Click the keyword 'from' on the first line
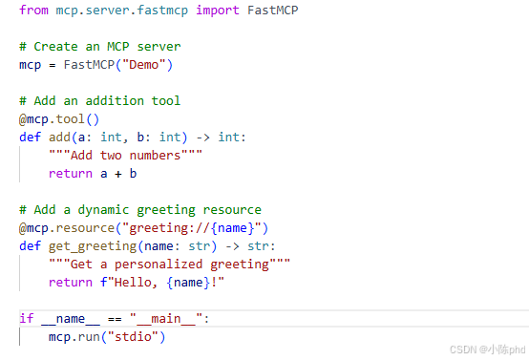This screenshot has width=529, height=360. click(33, 11)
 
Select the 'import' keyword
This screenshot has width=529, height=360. click(218, 11)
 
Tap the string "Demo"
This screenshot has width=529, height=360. click(144, 64)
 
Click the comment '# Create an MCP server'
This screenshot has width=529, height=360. click(100, 47)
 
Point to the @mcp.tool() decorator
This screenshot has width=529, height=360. click(59, 119)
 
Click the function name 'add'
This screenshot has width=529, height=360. click(59, 137)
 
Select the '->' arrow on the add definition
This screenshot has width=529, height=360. click(202, 138)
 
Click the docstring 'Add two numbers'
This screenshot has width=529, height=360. click(125, 156)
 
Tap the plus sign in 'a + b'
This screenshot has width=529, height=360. click(118, 174)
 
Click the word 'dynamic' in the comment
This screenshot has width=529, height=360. click(103, 210)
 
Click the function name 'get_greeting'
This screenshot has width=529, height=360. click(93, 246)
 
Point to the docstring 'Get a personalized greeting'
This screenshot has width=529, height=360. click(169, 265)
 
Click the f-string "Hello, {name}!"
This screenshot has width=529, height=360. click(162, 282)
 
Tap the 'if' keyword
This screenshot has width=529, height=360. click(27, 318)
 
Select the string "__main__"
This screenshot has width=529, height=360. click(166, 319)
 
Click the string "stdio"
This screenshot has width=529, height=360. click(133, 337)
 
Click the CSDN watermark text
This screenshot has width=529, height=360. click(488, 349)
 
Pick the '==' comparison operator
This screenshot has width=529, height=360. click(115, 319)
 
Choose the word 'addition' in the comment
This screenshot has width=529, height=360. click(115, 101)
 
